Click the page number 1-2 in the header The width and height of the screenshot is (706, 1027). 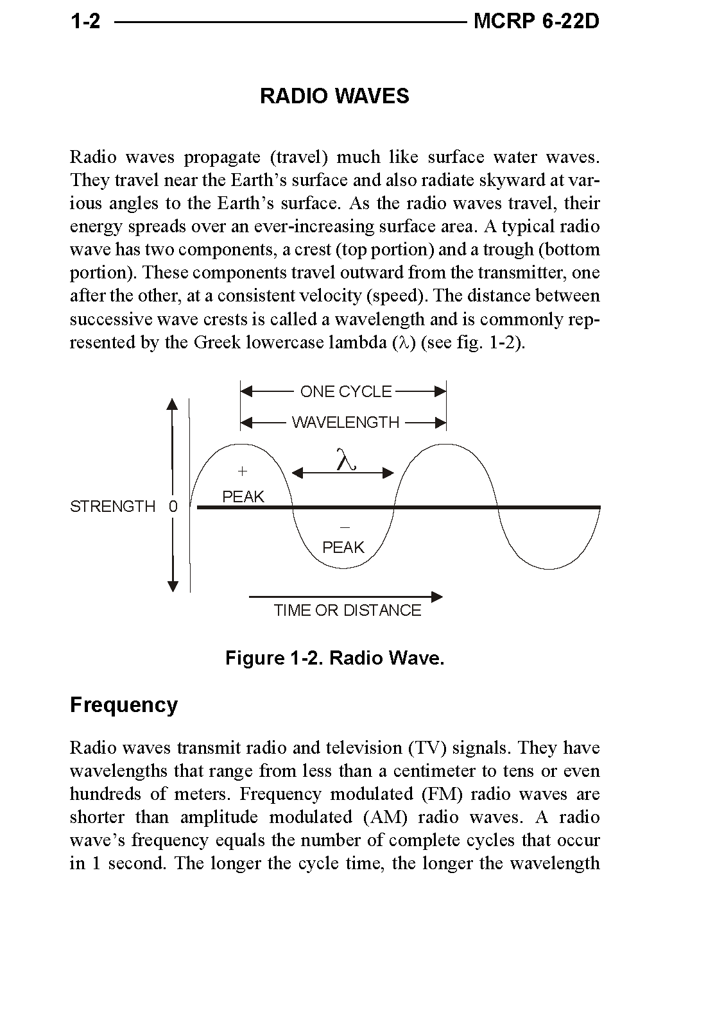pos(85,22)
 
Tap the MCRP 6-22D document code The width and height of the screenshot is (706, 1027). pos(536,22)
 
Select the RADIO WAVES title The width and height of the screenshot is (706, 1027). pos(334,96)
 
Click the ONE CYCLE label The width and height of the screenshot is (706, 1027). pos(346,392)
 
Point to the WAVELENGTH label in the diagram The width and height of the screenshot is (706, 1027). pos(345,423)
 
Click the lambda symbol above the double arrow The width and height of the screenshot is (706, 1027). pos(345,460)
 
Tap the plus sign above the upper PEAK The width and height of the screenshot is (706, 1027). pos(242,471)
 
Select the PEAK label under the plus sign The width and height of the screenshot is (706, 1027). pos(243,497)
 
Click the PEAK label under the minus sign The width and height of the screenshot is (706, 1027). pos(343,547)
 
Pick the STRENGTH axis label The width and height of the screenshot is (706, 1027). pos(112,507)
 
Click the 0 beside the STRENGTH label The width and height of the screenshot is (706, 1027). pos(173,507)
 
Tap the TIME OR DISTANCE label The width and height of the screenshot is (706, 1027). pos(347,611)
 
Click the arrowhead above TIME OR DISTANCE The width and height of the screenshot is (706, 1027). pos(436,597)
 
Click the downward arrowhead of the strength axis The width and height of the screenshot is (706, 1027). pos(172,586)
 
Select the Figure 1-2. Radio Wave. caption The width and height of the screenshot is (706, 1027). pos(334,659)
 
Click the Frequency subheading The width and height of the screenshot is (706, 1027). pos(124,705)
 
